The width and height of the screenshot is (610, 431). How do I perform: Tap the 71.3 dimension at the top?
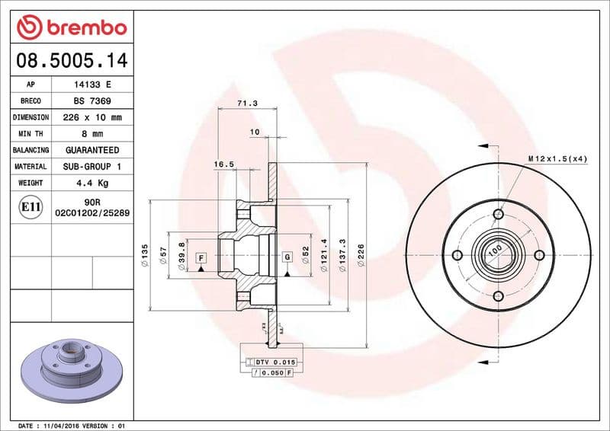tap(247, 103)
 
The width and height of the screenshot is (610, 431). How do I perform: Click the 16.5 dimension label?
tap(223, 164)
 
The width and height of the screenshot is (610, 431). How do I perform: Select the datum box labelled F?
tap(201, 258)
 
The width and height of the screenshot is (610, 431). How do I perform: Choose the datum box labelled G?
tap(287, 258)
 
